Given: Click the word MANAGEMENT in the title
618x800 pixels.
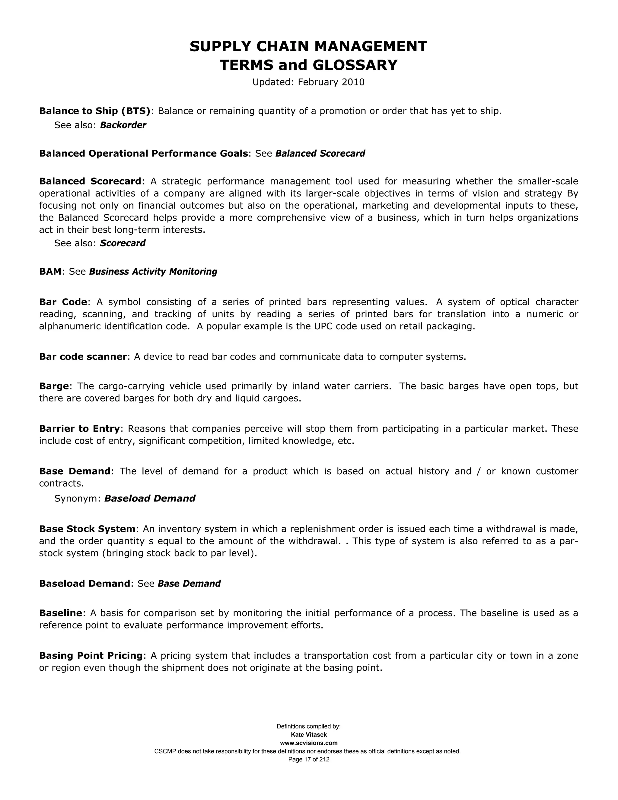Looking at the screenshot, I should (371, 46).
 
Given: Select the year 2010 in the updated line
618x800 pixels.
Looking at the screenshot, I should (353, 82).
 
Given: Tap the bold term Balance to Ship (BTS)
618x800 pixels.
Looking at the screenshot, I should (95, 110).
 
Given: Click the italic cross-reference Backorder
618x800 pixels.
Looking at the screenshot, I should (123, 125).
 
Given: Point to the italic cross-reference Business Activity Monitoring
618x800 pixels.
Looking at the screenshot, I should (153, 271).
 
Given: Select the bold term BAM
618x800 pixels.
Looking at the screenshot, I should (50, 271).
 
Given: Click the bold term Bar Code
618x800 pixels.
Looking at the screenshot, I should (63, 302).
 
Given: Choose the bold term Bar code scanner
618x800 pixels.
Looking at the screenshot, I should (83, 357).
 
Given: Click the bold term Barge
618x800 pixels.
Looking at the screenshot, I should (54, 386).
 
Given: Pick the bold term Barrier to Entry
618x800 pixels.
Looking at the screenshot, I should (79, 429).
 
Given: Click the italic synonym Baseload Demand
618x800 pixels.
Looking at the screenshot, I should (150, 498).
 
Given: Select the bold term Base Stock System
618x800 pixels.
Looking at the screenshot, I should (87, 529).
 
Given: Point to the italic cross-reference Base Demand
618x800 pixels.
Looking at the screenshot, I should (189, 584).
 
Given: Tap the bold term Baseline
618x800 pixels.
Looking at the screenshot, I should (60, 613).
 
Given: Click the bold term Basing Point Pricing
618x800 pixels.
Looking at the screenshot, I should (91, 655).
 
